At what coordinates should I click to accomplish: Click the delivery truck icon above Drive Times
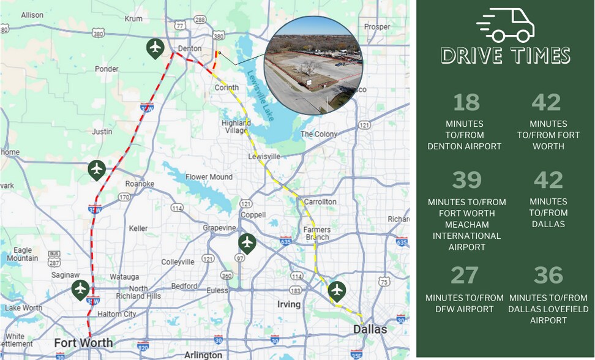tap(506, 25)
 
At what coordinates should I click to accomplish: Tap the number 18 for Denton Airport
tap(466, 102)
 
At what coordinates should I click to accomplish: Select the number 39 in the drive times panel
tap(466, 180)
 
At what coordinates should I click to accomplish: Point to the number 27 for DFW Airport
tap(464, 276)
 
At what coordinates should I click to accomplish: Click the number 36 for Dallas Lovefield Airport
tap(548, 276)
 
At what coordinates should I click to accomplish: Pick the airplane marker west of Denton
tap(155, 47)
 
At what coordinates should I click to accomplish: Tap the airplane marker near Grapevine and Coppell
tap(247, 243)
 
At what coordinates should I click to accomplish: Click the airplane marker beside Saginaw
tap(80, 289)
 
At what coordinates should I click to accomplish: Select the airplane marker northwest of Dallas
tap(337, 290)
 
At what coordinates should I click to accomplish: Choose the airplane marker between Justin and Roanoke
tap(97, 169)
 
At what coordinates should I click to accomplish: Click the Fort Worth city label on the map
tap(83, 342)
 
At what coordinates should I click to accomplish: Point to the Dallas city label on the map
tap(370, 329)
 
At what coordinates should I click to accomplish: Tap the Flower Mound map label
tap(209, 178)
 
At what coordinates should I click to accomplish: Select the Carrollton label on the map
tap(320, 201)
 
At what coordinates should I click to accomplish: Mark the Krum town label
tap(133, 19)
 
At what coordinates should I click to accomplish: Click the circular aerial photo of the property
tap(313, 66)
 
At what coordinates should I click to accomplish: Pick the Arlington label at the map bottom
tap(203, 354)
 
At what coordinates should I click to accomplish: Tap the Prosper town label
tap(376, 26)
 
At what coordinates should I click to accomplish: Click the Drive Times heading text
tap(506, 56)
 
